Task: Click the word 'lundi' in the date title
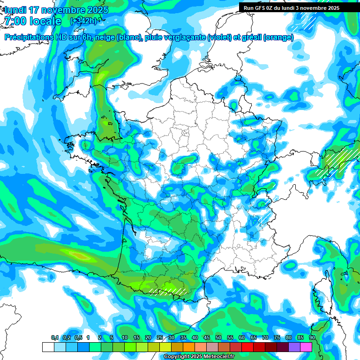[15, 10]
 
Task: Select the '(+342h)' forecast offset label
[83, 21]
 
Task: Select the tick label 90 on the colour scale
[312, 338]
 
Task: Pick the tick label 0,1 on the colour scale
[54, 338]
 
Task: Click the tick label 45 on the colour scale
[207, 338]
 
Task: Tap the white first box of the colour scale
[48, 347]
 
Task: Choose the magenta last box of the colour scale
[306, 347]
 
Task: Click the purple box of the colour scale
[294, 347]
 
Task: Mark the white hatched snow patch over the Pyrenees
[169, 290]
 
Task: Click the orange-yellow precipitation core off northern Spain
[80, 255]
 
